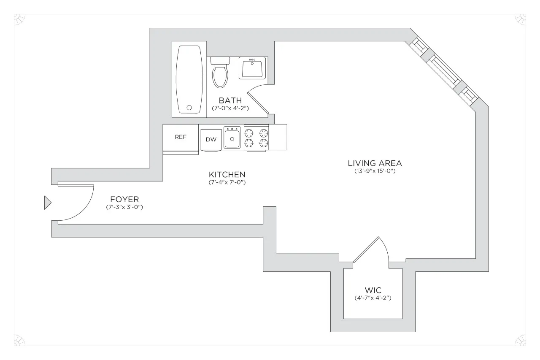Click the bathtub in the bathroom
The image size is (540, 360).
coord(189,79)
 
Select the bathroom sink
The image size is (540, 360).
coord(253,68)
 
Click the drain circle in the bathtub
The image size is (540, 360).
coord(189,108)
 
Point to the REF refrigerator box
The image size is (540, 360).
coord(181,137)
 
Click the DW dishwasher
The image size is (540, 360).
coord(211,139)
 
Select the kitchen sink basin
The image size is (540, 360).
coord(232,138)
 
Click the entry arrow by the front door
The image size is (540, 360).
coord(47,203)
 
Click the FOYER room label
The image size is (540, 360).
coord(124,199)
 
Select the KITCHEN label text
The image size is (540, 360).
coord(227,174)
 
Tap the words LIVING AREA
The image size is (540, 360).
coord(375,163)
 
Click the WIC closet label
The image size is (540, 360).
coord(373,290)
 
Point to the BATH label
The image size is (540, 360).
coord(230,100)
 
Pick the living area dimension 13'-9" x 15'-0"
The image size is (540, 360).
coord(375,171)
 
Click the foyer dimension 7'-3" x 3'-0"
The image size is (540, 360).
coord(125,207)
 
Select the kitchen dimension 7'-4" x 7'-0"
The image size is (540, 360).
coord(227,182)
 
